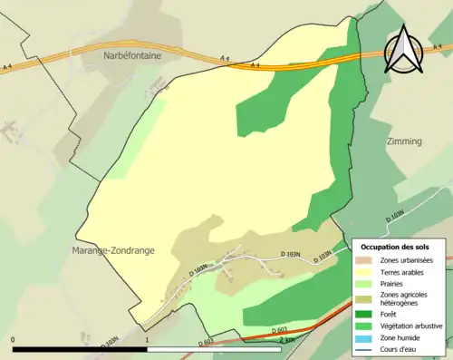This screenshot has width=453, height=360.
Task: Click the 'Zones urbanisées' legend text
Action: pos(399,259)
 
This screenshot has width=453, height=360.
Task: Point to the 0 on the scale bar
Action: pos(14,341)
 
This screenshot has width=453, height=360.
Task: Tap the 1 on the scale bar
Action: pos(147,341)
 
